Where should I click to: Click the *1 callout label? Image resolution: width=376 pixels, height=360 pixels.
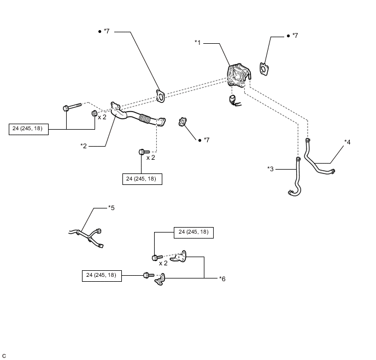click(x=197, y=43)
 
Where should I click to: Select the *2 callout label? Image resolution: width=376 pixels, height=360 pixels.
click(x=84, y=146)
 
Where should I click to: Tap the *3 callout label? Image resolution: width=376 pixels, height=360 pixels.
click(x=270, y=169)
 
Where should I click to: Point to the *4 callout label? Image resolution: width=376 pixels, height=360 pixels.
click(x=347, y=142)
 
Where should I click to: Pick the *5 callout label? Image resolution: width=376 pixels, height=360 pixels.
click(x=111, y=207)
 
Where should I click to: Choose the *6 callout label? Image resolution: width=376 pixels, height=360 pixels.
click(x=222, y=278)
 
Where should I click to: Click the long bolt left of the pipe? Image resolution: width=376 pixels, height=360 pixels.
click(x=72, y=107)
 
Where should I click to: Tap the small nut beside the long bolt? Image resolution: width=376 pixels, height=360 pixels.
click(x=94, y=113)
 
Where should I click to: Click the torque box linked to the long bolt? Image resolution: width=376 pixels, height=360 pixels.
click(x=28, y=129)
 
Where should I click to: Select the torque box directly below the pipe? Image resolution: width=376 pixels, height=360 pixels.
click(x=142, y=179)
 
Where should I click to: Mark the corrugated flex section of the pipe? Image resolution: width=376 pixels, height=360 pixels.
click(x=144, y=119)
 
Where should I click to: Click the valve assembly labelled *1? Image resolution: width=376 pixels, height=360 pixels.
click(x=238, y=75)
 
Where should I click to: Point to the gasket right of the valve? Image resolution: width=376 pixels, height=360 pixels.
click(x=264, y=69)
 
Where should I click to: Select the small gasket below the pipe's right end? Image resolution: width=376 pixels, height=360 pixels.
click(x=183, y=122)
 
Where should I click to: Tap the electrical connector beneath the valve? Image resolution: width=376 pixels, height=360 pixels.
click(x=234, y=101)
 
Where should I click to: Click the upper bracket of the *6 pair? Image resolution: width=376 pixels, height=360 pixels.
click(x=179, y=257)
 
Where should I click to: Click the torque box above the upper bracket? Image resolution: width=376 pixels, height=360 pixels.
click(x=193, y=233)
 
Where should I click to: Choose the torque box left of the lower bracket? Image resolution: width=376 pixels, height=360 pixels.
click(x=102, y=276)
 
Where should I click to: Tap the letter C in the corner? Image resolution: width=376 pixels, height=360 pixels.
click(x=4, y=356)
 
